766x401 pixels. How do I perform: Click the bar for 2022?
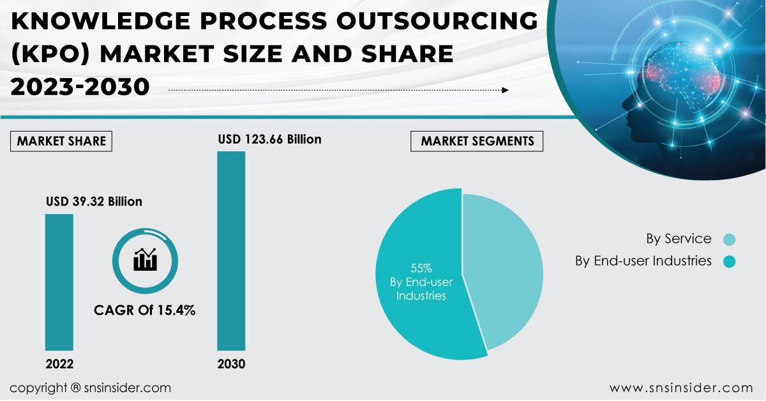(x=59, y=282)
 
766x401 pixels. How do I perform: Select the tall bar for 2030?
(x=231, y=250)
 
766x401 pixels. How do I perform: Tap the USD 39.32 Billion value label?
(x=94, y=202)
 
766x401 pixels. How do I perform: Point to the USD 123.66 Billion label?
(x=269, y=139)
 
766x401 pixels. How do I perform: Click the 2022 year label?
(x=59, y=365)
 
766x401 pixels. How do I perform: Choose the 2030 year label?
(x=231, y=365)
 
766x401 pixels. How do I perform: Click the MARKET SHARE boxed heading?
(x=61, y=141)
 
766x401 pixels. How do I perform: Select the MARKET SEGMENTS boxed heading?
(x=477, y=141)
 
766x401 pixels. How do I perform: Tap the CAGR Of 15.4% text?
(x=145, y=311)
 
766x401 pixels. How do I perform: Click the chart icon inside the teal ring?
(x=144, y=259)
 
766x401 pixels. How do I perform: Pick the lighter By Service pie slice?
(x=504, y=268)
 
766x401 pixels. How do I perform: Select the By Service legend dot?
(x=730, y=240)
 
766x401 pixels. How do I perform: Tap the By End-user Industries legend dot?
(x=730, y=261)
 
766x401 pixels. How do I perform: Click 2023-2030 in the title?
(x=80, y=87)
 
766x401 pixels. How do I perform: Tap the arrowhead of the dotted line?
(x=505, y=91)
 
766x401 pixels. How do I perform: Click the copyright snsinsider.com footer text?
(x=90, y=388)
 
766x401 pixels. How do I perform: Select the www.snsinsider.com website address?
(x=680, y=388)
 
